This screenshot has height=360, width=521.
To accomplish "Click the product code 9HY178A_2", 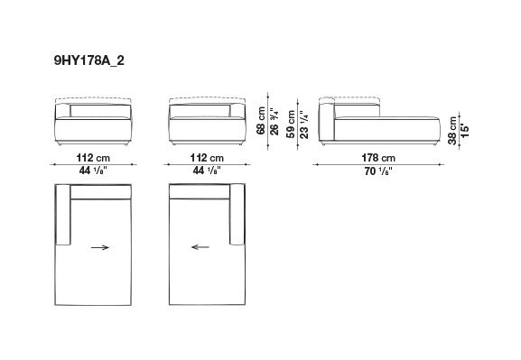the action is pyautogui.click(x=89, y=60).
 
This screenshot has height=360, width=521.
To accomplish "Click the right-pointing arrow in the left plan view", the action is pyautogui.click(x=100, y=247).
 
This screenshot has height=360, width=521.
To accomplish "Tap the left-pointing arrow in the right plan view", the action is pyautogui.click(x=200, y=247).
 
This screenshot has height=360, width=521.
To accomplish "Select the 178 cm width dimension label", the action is pyautogui.click(x=378, y=158).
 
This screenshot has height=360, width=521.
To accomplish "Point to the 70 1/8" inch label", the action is pyautogui.click(x=378, y=171).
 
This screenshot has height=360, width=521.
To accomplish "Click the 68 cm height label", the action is pyautogui.click(x=261, y=121).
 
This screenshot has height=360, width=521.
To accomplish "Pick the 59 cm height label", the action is pyautogui.click(x=291, y=124).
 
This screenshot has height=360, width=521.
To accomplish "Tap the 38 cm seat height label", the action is pyautogui.click(x=452, y=131).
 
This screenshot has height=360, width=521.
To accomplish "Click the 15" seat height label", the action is pyautogui.click(x=465, y=131).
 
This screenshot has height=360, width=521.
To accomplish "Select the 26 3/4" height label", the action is pyautogui.click(x=274, y=121).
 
